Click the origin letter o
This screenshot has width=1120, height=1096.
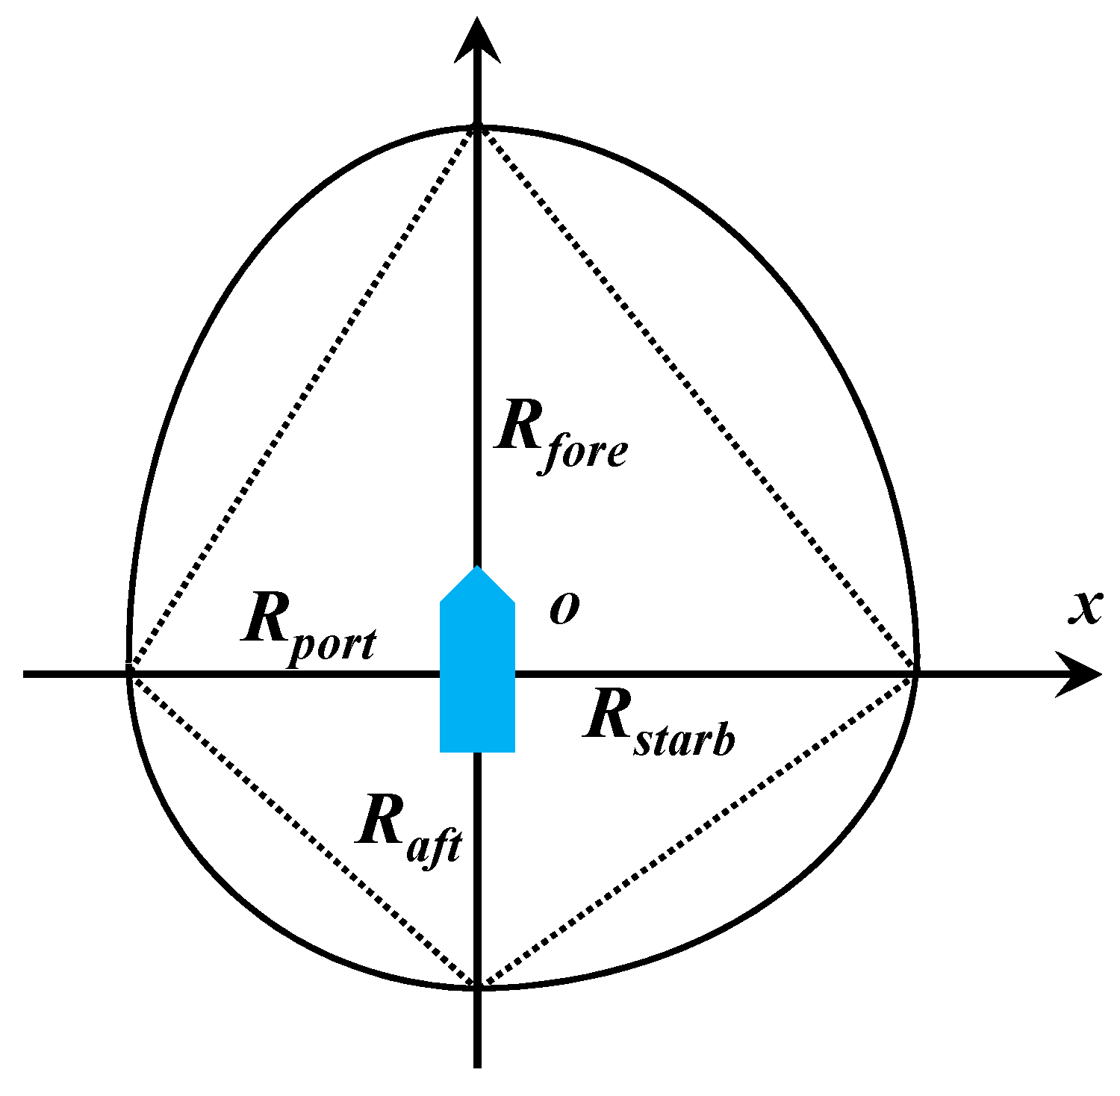click(564, 608)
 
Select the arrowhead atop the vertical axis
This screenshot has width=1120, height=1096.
click(477, 41)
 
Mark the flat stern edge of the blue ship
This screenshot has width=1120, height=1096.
click(477, 750)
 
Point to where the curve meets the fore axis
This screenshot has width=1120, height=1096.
click(477, 128)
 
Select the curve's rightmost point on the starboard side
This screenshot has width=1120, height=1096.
click(916, 664)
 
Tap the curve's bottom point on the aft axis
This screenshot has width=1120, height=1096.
click(477, 987)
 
